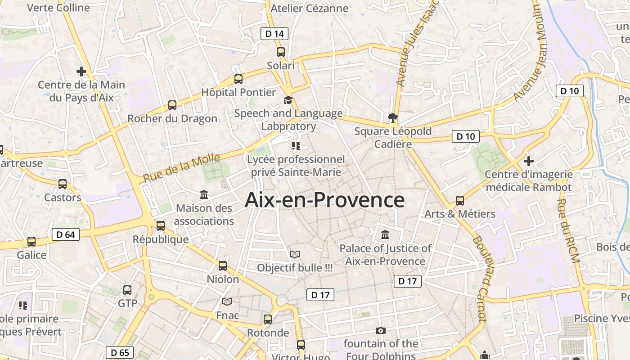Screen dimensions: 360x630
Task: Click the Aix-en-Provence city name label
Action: (324, 200)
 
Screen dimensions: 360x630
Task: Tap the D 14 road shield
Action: (274, 33)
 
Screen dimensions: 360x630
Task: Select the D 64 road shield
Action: (66, 234)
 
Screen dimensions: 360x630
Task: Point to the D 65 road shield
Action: (120, 352)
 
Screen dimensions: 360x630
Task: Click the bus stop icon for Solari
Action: (281, 52)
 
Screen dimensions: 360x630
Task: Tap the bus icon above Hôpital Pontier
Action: (238, 79)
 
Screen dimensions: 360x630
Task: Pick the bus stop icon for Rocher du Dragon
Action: (172, 105)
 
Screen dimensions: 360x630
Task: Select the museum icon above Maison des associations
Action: (204, 195)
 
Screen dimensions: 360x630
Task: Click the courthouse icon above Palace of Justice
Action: (385, 234)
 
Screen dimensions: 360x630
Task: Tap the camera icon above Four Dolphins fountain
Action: (381, 330)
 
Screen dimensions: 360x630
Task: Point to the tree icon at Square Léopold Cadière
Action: (393, 118)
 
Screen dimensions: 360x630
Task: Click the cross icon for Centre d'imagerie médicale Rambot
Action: (529, 161)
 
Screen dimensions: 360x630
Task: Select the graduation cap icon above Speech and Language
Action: (288, 100)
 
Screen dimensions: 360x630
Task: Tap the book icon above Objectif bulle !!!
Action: (295, 255)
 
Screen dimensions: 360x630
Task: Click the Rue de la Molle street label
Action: (181, 168)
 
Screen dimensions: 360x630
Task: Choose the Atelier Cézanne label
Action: (310, 8)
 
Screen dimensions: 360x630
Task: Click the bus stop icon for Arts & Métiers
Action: (459, 201)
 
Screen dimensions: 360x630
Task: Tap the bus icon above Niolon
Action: (223, 266)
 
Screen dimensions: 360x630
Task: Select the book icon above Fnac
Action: (227, 302)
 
